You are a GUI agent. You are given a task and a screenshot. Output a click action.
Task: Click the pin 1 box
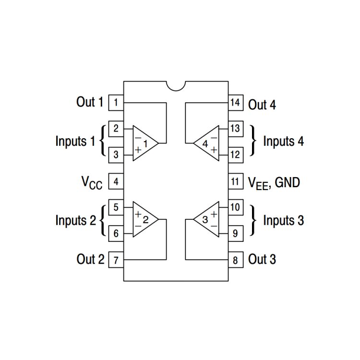pyautogui.click(x=116, y=102)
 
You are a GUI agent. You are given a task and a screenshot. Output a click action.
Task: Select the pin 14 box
pyautogui.click(x=235, y=102)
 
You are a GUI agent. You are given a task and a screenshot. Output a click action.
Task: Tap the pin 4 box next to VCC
pyautogui.click(x=116, y=182)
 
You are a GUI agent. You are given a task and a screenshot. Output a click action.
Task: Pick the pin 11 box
pyautogui.click(x=235, y=182)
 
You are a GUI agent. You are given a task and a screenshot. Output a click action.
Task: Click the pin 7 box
pyautogui.click(x=116, y=261)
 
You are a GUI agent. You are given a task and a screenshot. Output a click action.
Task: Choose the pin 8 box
pyautogui.click(x=235, y=261)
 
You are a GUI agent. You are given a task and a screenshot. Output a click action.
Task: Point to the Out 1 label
pyautogui.click(x=90, y=102)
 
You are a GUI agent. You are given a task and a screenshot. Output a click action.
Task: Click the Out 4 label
pyautogui.click(x=262, y=105)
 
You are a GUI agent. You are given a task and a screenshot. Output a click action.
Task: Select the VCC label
pyautogui.click(x=91, y=183)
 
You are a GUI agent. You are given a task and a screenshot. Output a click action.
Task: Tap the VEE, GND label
pyautogui.click(x=274, y=183)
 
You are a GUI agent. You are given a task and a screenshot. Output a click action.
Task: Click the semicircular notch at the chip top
pyautogui.click(x=176, y=85)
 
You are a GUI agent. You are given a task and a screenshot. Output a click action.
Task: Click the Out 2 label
pyautogui.click(x=90, y=259)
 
